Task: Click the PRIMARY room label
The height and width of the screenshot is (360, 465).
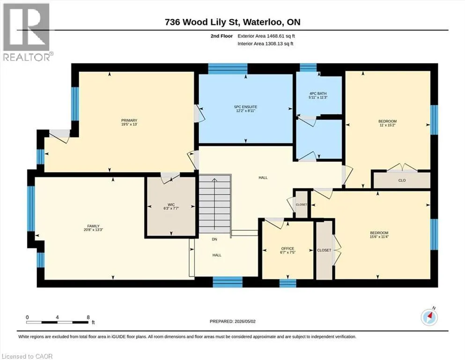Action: tap(129, 120)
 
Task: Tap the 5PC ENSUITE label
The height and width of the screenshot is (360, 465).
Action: tap(245, 107)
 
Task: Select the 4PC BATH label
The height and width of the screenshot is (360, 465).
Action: tap(318, 93)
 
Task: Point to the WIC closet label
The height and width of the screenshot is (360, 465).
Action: tap(171, 204)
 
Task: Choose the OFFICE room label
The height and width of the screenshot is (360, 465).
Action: tap(288, 248)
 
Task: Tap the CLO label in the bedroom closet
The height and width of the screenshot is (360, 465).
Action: tap(402, 180)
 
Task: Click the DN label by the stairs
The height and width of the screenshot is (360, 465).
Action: tap(214, 239)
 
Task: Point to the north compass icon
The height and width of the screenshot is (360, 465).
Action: tap(429, 317)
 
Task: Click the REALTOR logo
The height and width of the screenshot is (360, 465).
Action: tap(27, 32)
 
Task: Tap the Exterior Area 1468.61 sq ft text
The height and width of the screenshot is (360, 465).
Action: tap(266, 36)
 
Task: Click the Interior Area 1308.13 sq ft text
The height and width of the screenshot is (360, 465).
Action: tap(266, 44)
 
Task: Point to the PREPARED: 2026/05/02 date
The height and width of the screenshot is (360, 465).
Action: tap(232, 321)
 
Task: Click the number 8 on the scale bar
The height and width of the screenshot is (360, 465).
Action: tap(88, 317)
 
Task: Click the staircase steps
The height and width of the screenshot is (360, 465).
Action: tap(214, 203)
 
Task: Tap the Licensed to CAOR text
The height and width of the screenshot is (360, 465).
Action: tap(27, 356)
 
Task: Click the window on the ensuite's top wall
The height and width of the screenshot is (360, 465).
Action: tap(228, 68)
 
